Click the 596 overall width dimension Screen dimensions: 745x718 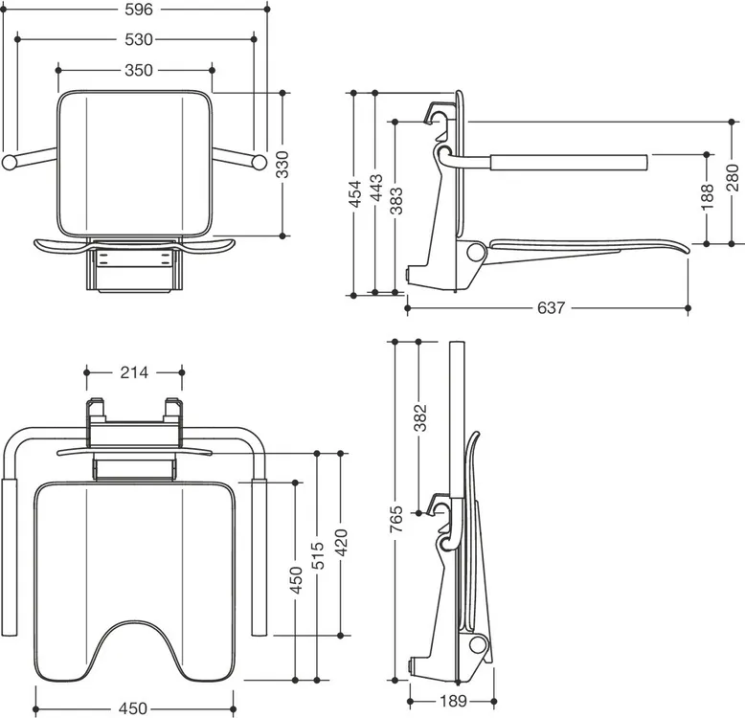coord(138,10)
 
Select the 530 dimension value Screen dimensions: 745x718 coord(139,39)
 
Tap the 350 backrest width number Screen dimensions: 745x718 coord(139,70)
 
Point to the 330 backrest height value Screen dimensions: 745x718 coord(282,165)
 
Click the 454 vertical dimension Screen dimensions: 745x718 coord(355,193)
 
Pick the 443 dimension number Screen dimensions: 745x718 coord(375,188)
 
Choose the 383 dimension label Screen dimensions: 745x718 coord(396,201)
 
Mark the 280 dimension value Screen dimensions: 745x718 coord(733,178)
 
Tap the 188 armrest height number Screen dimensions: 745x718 coord(708,196)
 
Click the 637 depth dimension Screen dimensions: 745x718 coord(552,308)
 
